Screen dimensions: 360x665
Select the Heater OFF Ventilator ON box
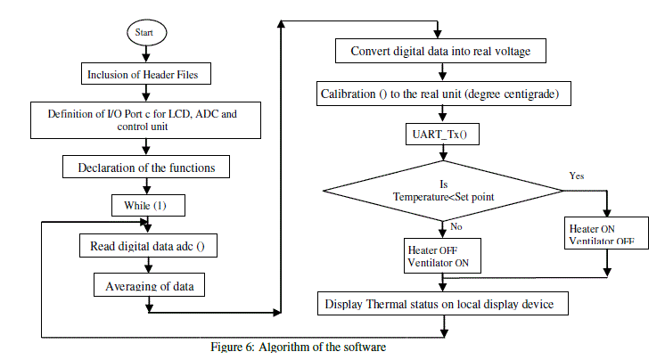pos(442,257)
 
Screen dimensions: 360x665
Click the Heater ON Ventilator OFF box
pos(603,235)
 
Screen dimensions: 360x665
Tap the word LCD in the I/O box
pos(172,114)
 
